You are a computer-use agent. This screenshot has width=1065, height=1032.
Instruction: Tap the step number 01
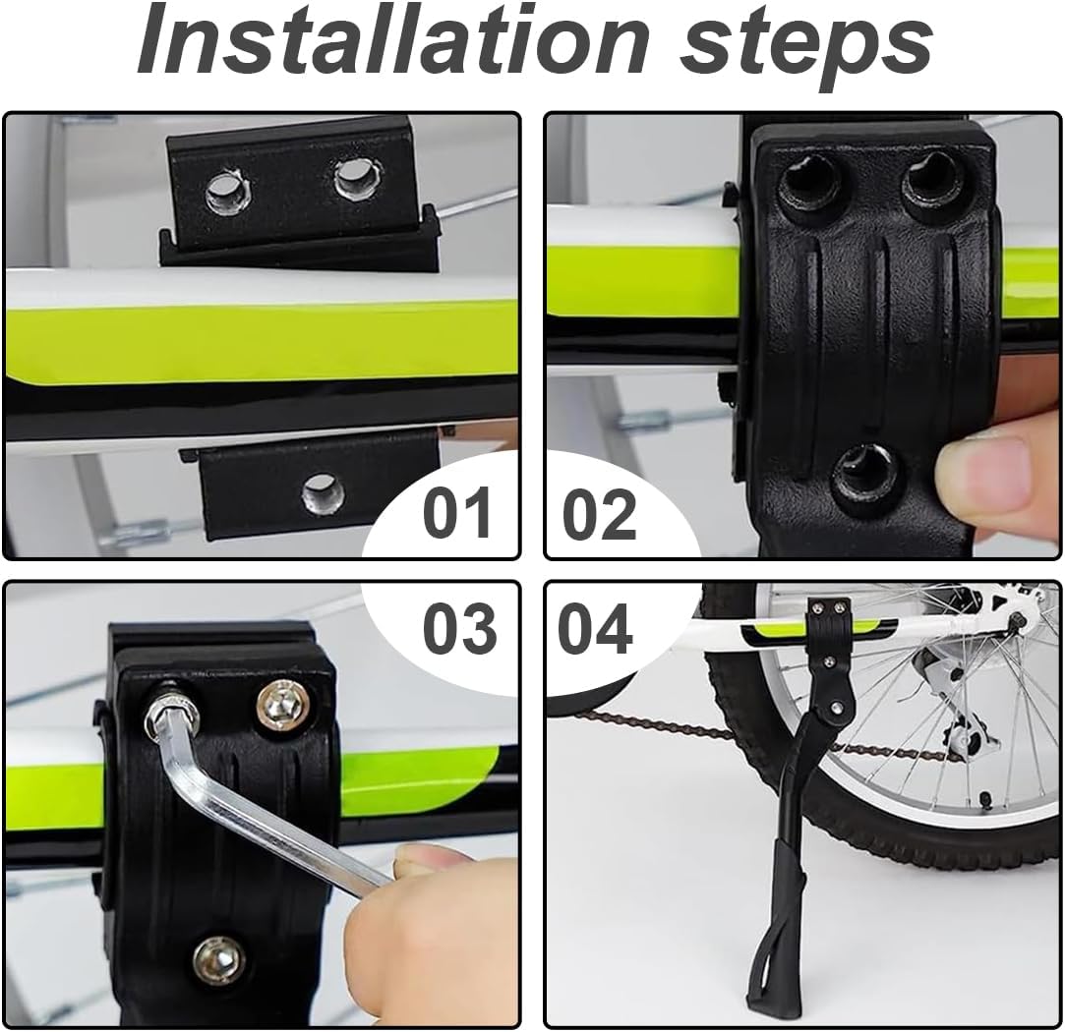tap(457, 513)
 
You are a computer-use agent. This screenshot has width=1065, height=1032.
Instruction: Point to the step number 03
tap(460, 628)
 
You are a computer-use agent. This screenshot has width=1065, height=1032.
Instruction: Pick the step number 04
tap(596, 628)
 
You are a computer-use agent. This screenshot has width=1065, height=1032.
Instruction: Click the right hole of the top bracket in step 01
tap(357, 177)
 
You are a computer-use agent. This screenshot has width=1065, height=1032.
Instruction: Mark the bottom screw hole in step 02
tap(864, 479)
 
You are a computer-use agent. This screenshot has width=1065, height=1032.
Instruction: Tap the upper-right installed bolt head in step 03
tap(280, 708)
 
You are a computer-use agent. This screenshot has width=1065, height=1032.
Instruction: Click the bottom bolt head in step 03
tap(217, 958)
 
